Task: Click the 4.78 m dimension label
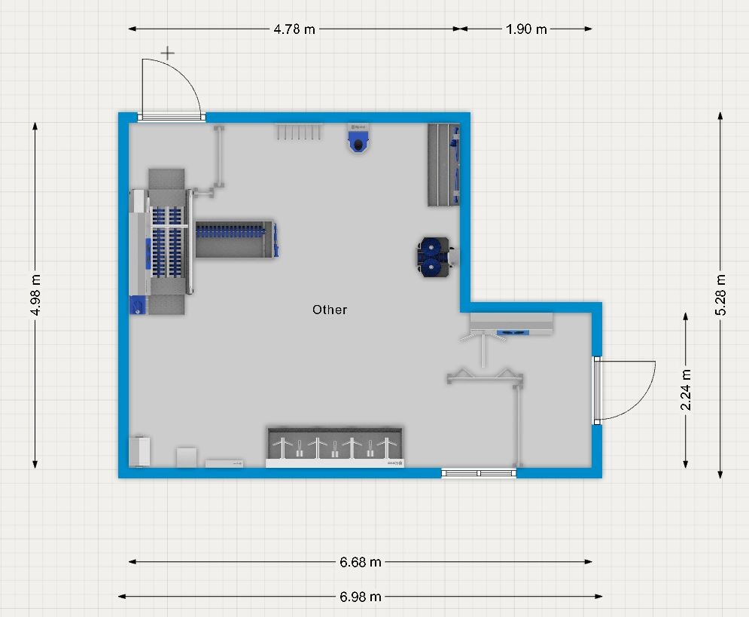coord(294,29)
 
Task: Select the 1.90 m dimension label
coord(526,29)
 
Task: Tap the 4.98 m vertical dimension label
coord(35,295)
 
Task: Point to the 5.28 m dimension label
coord(720,295)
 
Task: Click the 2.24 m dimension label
coord(686,389)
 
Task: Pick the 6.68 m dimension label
coord(361,562)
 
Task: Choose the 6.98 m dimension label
coord(361,597)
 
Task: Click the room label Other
coord(330,310)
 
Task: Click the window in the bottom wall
coord(479,473)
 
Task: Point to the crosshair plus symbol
coord(167,53)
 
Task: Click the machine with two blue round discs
coord(435,257)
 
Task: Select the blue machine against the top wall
coord(358,139)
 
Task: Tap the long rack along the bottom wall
coord(335,447)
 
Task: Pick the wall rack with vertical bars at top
coord(299,132)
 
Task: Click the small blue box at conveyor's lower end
coord(136,305)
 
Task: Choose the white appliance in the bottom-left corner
coord(139,451)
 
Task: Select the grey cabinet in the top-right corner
coord(444,165)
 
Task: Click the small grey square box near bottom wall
coord(187,457)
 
